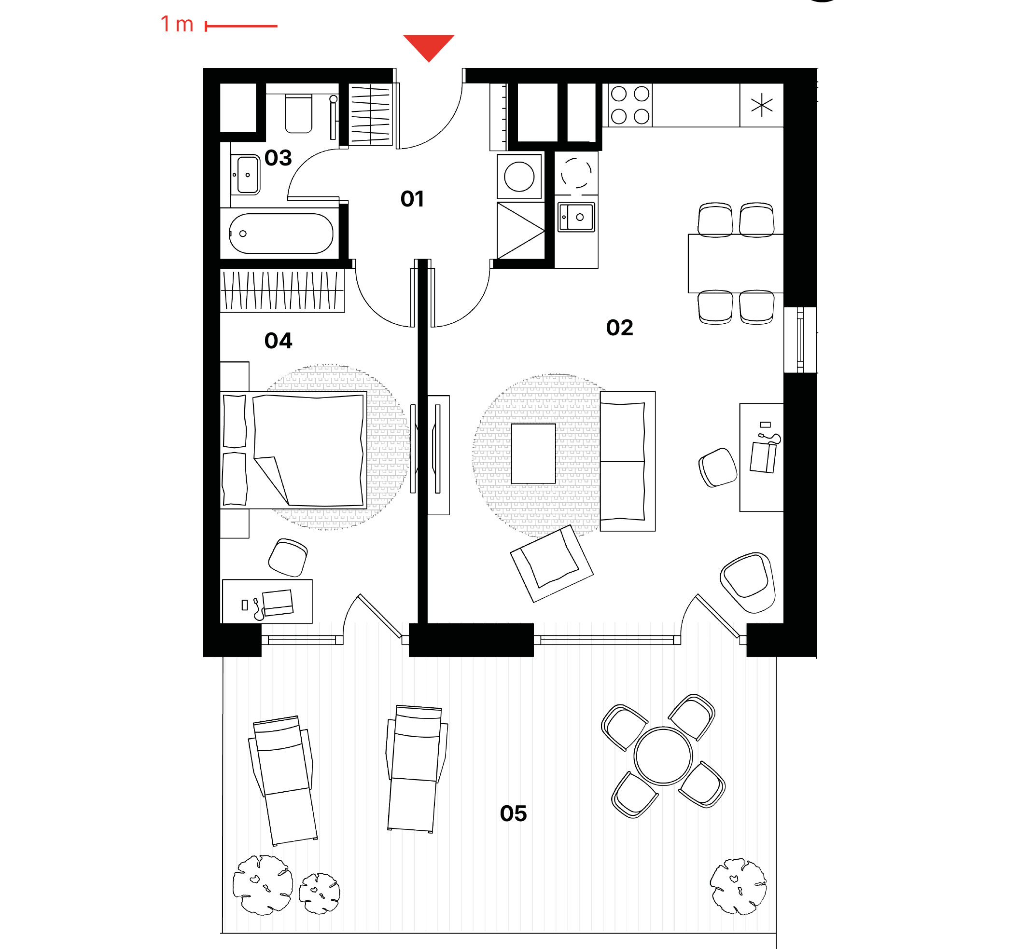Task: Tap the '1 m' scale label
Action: point(177,24)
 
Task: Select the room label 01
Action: point(412,199)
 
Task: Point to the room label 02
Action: point(619,328)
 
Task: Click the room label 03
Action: point(278,158)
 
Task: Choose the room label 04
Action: point(278,341)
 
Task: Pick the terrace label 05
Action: point(513,813)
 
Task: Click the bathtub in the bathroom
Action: point(281,234)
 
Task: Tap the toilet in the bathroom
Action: point(298,113)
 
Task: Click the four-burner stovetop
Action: point(630,105)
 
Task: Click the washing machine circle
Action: point(519,177)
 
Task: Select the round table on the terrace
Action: point(663,756)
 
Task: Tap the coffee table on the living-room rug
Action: point(533,454)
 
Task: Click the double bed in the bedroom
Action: point(293,450)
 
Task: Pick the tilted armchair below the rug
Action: point(551,564)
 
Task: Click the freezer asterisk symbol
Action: point(761,105)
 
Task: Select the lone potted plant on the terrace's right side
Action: point(738,886)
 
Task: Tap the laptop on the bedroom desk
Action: point(277,603)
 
